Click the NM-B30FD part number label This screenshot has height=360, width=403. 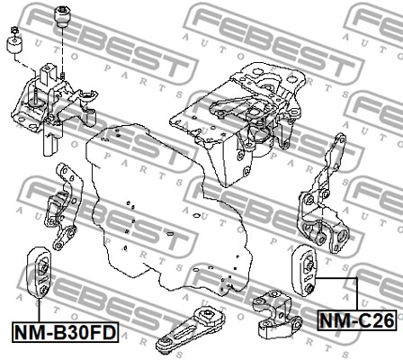[x=66, y=332]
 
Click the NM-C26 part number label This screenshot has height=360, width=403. [x=357, y=320]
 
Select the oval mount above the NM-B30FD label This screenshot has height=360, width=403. [x=40, y=273]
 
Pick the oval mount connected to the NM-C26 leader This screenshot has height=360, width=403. [x=304, y=271]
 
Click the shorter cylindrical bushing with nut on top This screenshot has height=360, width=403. [x=15, y=42]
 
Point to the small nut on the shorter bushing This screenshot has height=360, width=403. [x=14, y=30]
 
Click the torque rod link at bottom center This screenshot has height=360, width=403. [x=190, y=329]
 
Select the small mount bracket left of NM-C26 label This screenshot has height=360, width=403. [x=276, y=314]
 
